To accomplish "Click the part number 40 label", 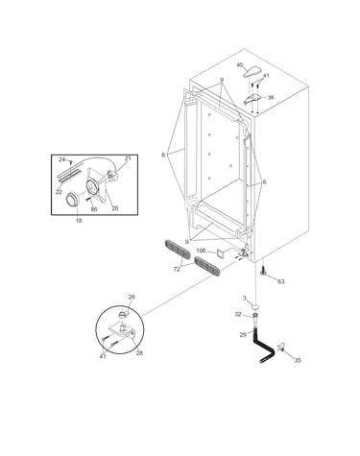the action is click(x=240, y=65).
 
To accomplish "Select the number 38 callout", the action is click(x=271, y=97).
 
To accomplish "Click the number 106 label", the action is click(x=201, y=251).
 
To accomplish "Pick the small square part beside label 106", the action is click(x=221, y=253).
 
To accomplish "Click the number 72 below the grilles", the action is click(x=177, y=270).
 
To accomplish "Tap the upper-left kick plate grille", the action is click(x=177, y=251).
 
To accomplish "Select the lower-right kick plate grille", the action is click(x=207, y=266).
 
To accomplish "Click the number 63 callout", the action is click(x=280, y=281).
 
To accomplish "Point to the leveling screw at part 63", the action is click(x=263, y=270).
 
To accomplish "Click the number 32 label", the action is click(x=238, y=314).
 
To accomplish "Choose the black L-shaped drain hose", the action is click(x=263, y=348).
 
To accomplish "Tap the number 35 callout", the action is click(x=298, y=360).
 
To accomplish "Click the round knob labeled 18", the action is click(x=72, y=201).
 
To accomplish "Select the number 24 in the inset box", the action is click(x=62, y=159).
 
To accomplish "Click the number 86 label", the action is click(x=94, y=209).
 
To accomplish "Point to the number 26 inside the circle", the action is click(x=132, y=297).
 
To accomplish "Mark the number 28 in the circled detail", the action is click(x=139, y=353).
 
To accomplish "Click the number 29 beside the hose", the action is click(x=243, y=335).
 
